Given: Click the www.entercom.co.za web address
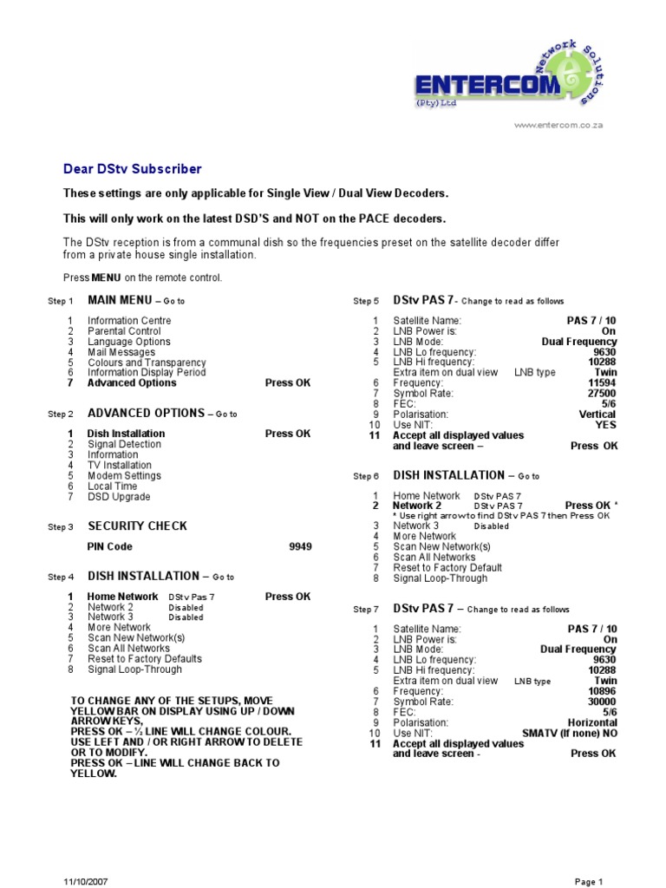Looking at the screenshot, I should (x=558, y=125).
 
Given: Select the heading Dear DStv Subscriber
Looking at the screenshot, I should (x=133, y=169).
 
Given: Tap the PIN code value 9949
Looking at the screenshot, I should (x=300, y=547).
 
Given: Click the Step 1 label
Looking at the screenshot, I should (x=60, y=302).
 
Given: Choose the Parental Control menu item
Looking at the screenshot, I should (x=124, y=331).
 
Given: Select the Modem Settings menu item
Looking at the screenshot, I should (x=124, y=476).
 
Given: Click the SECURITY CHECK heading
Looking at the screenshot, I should (x=137, y=526).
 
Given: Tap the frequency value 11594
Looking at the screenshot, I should (x=602, y=382).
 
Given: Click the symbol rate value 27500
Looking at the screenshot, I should (x=602, y=393).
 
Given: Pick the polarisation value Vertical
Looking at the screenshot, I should (x=597, y=415).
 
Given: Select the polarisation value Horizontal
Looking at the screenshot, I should (x=592, y=722).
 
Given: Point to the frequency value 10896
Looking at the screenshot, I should (x=602, y=691).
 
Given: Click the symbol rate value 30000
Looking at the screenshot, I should (x=602, y=702).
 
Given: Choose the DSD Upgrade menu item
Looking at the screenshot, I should (x=119, y=497).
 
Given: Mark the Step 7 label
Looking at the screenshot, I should (x=366, y=610).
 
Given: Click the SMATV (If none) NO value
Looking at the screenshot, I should (x=570, y=733).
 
